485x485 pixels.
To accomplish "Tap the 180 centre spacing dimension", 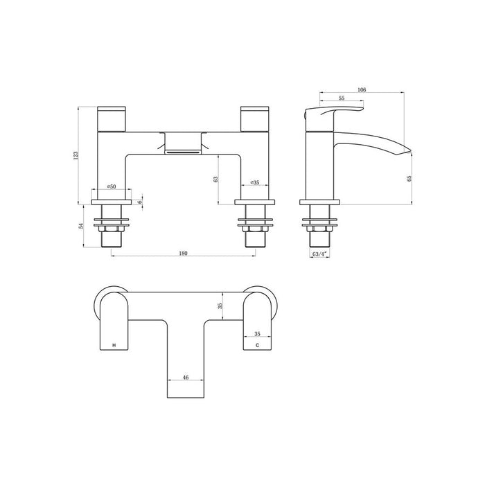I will tap(183, 254).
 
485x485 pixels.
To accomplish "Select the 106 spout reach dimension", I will tap(362, 90).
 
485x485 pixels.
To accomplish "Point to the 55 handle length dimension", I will tap(342, 99).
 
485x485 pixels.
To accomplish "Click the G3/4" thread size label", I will tap(319, 254).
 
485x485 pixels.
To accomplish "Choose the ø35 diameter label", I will tap(255, 183).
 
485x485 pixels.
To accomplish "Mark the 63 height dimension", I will tap(216, 179).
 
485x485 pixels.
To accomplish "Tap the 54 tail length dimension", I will tap(82, 226).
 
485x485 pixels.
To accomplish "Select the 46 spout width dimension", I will tap(185, 378).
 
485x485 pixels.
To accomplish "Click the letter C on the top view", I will tap(257, 344).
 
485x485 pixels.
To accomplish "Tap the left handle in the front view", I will tap(112, 117).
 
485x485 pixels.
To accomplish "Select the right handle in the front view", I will tap(254, 117).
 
